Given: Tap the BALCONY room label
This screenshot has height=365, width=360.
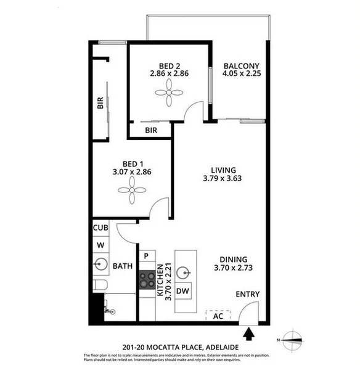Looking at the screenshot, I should [x=241, y=67].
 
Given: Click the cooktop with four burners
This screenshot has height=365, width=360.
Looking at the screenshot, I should [x=147, y=280].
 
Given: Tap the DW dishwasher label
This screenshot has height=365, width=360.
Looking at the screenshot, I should [x=182, y=291].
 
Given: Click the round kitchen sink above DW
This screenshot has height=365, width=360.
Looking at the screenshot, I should [x=182, y=271].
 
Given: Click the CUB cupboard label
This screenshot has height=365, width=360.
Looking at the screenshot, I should [x=101, y=228].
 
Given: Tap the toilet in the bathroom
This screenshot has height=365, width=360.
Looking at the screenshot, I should [x=100, y=285].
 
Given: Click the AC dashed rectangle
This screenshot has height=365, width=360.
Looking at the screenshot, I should [x=218, y=315].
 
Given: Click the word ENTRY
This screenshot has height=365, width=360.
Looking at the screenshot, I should [x=248, y=295].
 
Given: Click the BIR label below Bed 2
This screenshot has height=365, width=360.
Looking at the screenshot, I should [x=150, y=131].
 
